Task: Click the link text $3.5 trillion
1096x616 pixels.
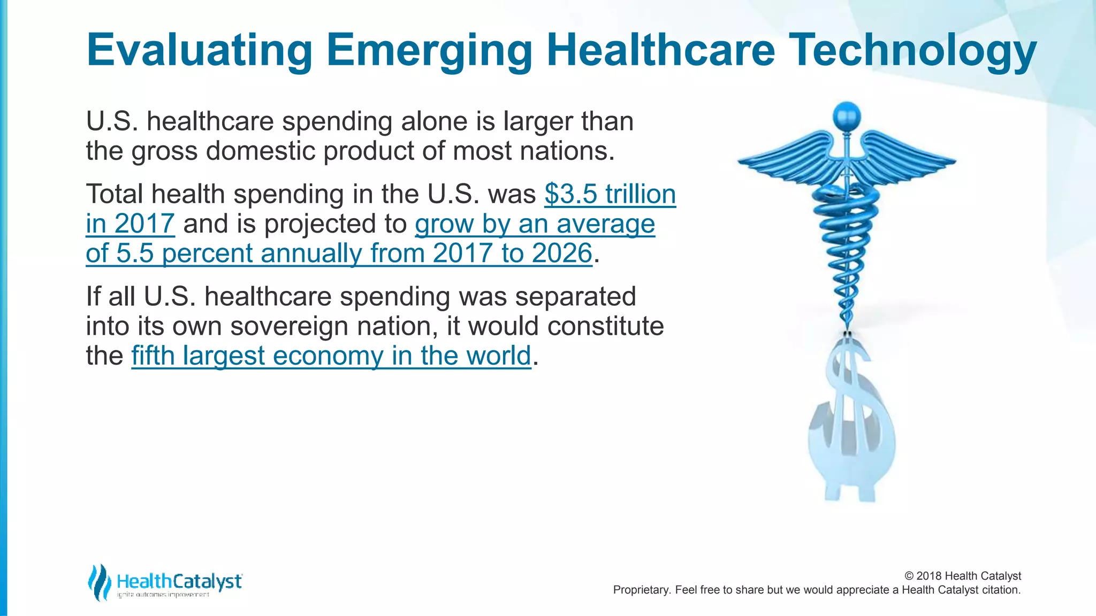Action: tap(610, 194)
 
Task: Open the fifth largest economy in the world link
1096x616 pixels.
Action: tap(331, 356)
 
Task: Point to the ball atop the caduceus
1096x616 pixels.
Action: tap(847, 115)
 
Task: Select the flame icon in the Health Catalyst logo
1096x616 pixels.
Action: tap(99, 582)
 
